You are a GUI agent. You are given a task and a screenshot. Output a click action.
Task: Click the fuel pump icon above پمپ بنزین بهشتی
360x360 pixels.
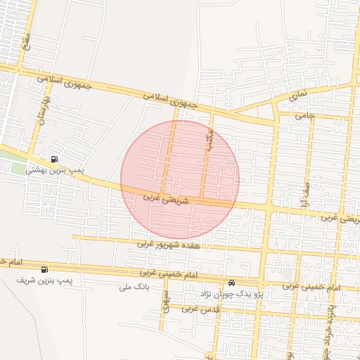point(55,158)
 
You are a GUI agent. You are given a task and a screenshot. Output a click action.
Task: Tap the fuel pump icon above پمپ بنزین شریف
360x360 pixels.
point(45,269)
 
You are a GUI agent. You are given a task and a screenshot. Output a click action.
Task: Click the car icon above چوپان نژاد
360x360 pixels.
point(232,283)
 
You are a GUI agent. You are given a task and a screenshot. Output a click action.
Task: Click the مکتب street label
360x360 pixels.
point(208,137)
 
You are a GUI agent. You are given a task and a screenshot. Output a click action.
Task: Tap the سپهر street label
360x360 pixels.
point(166,301)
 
